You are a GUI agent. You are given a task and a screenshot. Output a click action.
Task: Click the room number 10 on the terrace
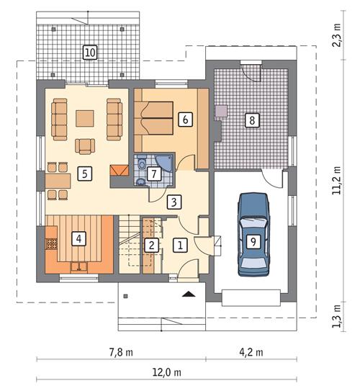pos(89,52)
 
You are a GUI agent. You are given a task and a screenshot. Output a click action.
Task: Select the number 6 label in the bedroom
pos(185,120)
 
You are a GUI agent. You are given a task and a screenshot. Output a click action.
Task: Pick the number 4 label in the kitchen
pos(78,236)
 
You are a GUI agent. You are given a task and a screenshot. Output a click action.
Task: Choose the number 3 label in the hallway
pos(173,202)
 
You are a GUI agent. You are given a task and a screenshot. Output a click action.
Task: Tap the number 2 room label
pos(151,245)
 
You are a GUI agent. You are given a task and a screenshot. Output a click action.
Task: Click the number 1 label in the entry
pos(180,245)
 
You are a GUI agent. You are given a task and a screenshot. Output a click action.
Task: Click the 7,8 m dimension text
pos(122,352)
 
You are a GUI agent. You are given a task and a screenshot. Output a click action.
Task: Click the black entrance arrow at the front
pos(189,294)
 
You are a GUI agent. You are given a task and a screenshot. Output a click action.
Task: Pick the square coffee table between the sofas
pos(85,117)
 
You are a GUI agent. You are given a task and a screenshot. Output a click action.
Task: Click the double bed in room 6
pos(157,119)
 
